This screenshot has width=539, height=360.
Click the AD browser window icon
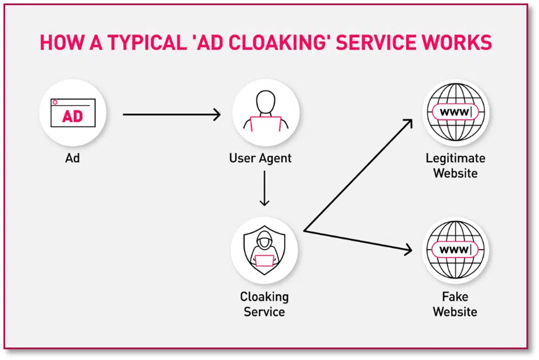tap(73, 113)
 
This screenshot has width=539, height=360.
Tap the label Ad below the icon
tap(73, 158)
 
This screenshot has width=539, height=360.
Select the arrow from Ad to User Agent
tap(171, 115)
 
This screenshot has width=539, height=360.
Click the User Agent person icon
tap(265, 113)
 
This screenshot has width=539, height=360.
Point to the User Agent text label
tap(261, 158)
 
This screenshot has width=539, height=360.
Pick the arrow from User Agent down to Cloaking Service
tap(264, 188)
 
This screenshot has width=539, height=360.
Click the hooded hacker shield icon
tap(264, 250)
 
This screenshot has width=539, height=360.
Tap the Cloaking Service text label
tap(264, 304)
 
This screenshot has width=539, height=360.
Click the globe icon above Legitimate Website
tap(455, 112)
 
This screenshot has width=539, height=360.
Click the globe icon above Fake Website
tap(455, 250)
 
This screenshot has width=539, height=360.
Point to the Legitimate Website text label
tap(455, 165)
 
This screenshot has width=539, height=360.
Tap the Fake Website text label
tap(455, 304)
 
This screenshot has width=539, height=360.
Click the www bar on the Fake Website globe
tap(455, 250)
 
